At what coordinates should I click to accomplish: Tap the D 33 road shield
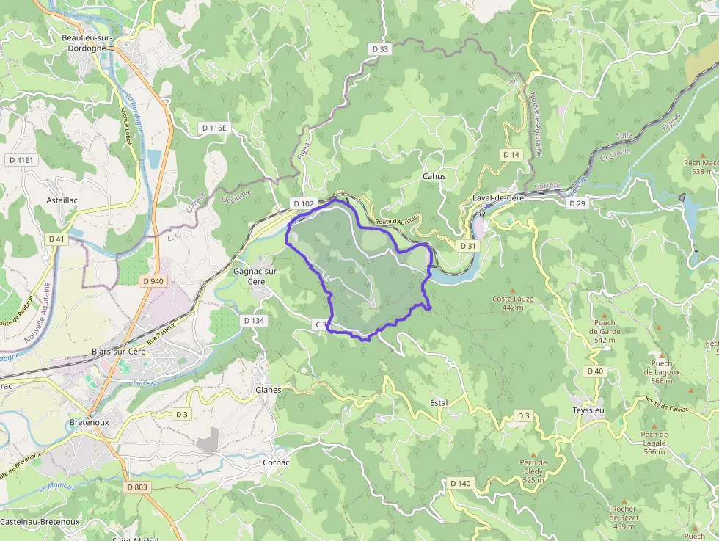[x=379, y=48]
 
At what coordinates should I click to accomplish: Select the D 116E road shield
[x=215, y=128]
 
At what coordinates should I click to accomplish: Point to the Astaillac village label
[x=62, y=200]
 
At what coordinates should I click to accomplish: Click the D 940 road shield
[x=153, y=281]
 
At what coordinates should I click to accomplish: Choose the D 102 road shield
[x=303, y=203]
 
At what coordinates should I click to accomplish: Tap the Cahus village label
[x=434, y=176]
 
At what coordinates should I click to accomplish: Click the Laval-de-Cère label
[x=498, y=198]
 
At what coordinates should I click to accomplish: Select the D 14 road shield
[x=511, y=155]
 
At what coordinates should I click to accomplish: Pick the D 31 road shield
[x=467, y=245]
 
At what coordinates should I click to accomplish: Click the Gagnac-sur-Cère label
[x=255, y=276]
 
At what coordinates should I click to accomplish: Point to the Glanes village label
[x=268, y=390]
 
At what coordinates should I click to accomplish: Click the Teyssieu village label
[x=588, y=410]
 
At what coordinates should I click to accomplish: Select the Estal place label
[x=438, y=403]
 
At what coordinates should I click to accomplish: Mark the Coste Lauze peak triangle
[x=513, y=288]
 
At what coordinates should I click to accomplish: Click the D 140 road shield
[x=460, y=483]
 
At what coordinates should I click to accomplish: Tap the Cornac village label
[x=276, y=463]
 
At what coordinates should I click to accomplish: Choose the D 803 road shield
[x=136, y=487]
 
